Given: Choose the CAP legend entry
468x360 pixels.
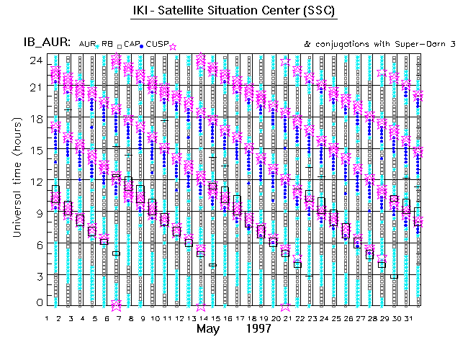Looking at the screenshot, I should [131, 44].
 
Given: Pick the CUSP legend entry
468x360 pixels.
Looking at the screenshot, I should [158, 44].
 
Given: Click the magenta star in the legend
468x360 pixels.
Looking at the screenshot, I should [173, 45].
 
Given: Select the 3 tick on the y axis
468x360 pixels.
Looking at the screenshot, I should [36, 276].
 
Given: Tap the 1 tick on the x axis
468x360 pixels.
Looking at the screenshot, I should [47, 317].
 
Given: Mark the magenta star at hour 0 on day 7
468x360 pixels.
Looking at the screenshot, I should [117, 305].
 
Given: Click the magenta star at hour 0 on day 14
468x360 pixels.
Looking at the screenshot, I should [201, 305].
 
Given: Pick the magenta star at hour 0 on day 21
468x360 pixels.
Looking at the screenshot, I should [286, 305].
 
